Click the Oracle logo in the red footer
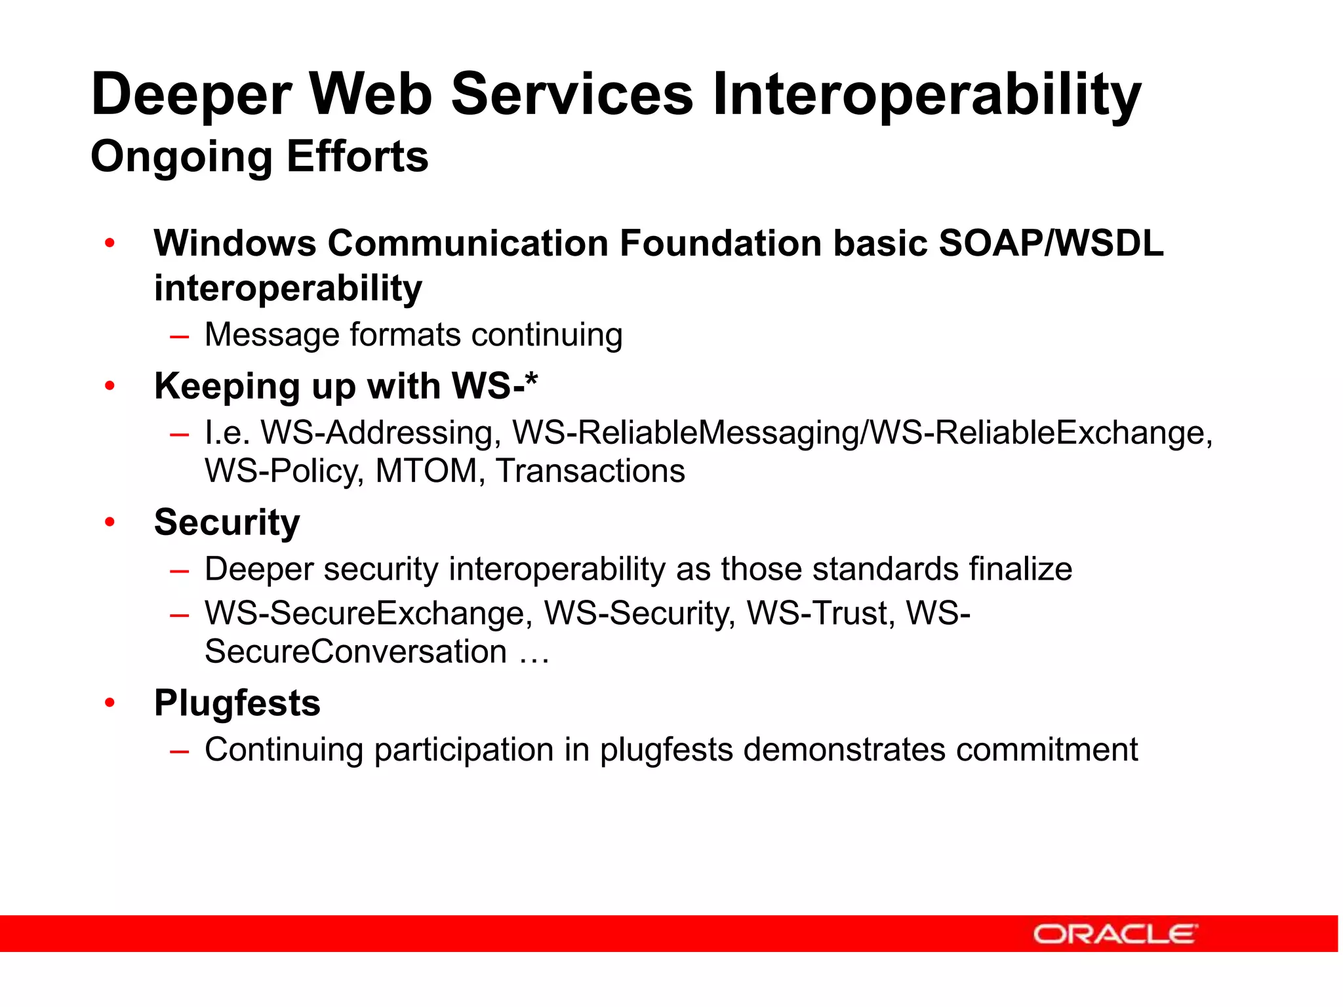coord(1115,934)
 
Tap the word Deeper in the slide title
coord(191,95)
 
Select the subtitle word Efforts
coord(357,157)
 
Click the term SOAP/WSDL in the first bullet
coord(1051,244)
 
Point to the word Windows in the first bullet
coord(235,244)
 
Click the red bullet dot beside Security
coord(110,523)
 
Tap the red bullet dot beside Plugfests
coord(110,703)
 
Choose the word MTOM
coord(426,471)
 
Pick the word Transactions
coord(590,471)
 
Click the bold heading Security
coord(227,523)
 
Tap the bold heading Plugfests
coord(237,703)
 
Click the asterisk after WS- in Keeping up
coord(532,380)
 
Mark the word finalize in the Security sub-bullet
coord(1020,569)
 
